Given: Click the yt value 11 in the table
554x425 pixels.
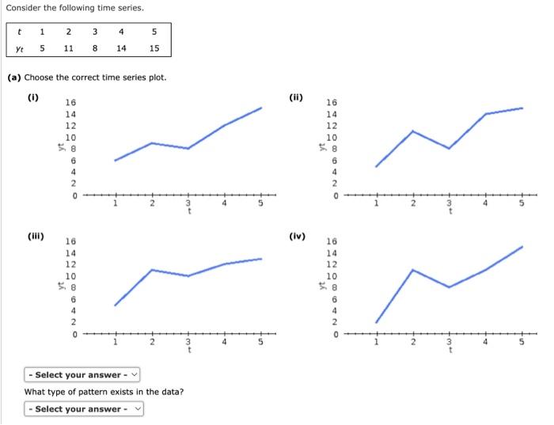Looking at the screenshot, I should pos(69,47).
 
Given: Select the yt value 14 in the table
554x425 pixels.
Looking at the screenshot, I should pos(120,47).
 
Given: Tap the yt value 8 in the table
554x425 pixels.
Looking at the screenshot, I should pos(94,47).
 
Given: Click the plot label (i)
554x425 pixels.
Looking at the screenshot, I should pos(33,98).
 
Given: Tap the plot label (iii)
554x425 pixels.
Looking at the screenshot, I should pos(36,236).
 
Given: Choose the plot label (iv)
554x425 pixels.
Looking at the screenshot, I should pos(298,236).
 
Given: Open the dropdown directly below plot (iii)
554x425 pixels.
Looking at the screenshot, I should pos(82,374).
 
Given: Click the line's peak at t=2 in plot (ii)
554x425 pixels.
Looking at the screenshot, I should pos(412,131).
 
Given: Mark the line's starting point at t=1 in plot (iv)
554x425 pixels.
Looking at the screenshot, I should pos(376,322).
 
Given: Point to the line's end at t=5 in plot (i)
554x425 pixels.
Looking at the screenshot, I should pos(261,108).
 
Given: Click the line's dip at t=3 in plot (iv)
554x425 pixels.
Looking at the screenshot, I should pos(449,286).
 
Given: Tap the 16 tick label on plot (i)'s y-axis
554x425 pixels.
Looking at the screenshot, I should pos(70,103).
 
